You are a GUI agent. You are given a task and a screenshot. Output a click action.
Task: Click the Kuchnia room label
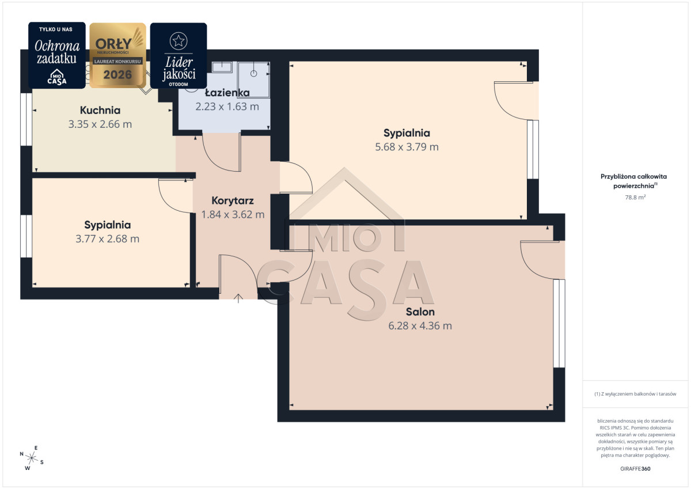(x=100, y=110)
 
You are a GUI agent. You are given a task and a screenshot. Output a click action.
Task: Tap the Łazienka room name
(x=227, y=93)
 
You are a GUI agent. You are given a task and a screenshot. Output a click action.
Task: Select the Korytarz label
(x=233, y=200)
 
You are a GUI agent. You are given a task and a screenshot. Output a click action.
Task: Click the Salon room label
(x=420, y=312)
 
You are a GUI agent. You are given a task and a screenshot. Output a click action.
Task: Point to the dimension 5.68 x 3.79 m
(x=407, y=147)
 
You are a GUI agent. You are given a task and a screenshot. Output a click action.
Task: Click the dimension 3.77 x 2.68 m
(x=107, y=239)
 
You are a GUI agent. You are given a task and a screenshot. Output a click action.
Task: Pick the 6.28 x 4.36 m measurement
(x=420, y=326)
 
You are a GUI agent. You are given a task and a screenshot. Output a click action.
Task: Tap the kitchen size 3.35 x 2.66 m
(x=100, y=124)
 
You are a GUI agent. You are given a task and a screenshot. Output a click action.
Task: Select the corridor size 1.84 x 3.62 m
(x=233, y=214)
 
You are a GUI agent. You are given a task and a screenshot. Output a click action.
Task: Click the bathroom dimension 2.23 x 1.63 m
(x=227, y=107)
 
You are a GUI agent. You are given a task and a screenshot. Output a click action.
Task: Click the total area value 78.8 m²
(x=635, y=197)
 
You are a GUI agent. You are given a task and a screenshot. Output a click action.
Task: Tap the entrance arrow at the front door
(x=238, y=298)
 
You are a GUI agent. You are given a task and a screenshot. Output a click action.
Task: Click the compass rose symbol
(x=32, y=458)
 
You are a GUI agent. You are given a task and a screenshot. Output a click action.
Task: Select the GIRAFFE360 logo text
(x=635, y=469)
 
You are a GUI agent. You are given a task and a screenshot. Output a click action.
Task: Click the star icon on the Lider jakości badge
(x=179, y=41)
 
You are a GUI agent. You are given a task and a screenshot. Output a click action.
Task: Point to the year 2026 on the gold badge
(x=117, y=75)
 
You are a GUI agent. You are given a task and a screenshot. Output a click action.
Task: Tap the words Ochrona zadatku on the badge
(x=57, y=52)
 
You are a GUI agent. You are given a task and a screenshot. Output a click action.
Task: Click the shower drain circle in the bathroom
(x=253, y=74)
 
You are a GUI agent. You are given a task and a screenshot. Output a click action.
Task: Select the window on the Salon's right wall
(x=559, y=323)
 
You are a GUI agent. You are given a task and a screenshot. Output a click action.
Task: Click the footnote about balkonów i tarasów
(x=635, y=394)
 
